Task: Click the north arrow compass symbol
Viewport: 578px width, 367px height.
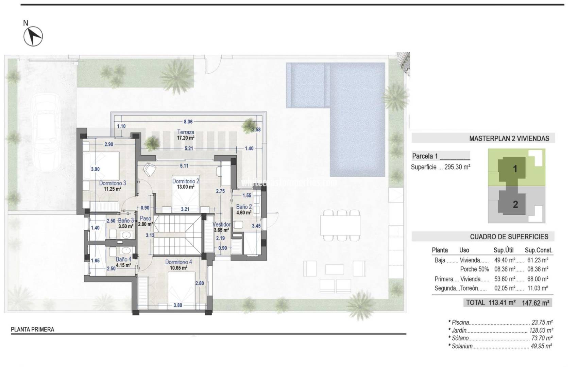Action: pyautogui.click(x=33, y=36)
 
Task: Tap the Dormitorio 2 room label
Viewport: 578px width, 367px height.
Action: pyautogui.click(x=186, y=181)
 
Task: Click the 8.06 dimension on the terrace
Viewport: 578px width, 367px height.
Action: pyautogui.click(x=188, y=122)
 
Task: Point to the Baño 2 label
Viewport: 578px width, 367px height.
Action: pyautogui.click(x=244, y=207)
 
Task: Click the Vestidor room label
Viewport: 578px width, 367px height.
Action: pyautogui.click(x=221, y=225)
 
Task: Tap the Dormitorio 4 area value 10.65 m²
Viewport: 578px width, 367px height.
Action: pyautogui.click(x=178, y=268)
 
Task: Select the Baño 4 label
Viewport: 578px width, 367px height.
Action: pyautogui.click(x=123, y=259)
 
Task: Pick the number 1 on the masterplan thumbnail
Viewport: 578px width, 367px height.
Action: pyautogui.click(x=515, y=169)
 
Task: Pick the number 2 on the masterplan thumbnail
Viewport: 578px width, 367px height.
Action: pyautogui.click(x=515, y=204)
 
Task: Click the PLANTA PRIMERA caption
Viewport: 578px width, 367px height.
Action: pyautogui.click(x=33, y=329)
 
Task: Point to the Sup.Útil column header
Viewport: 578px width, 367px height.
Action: pyautogui.click(x=503, y=250)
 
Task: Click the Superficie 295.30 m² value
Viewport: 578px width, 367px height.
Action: pyautogui.click(x=457, y=167)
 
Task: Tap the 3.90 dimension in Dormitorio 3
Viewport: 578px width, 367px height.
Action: pyautogui.click(x=95, y=169)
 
